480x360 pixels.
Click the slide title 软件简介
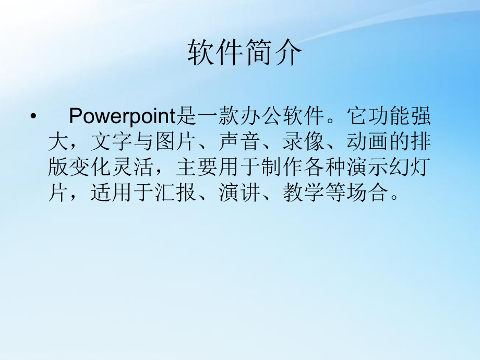pos(245,53)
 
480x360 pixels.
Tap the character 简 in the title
pos(259,53)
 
